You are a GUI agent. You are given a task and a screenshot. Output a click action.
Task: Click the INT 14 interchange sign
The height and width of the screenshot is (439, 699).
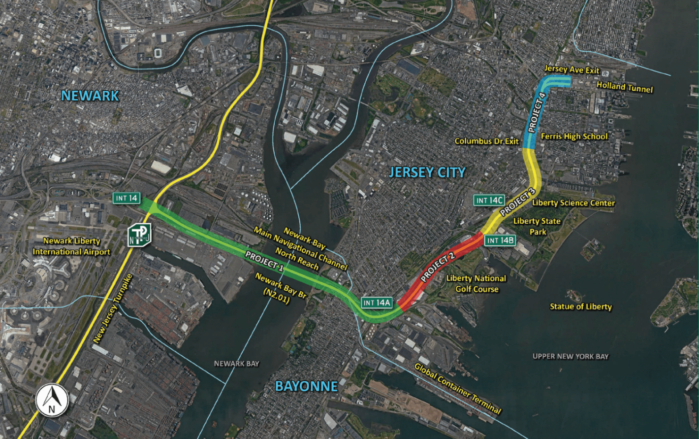click(127, 198)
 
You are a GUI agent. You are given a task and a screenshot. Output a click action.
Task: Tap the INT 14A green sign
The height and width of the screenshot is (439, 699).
click(377, 303)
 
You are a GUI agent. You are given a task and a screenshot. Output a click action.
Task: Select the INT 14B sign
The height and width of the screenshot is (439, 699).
click(500, 240)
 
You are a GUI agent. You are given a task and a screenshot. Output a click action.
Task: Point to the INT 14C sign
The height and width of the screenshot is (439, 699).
click(489, 200)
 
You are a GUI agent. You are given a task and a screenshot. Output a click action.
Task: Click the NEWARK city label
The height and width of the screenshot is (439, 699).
click(90, 96)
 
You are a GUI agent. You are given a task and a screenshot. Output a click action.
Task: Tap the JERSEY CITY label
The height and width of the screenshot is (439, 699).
click(427, 172)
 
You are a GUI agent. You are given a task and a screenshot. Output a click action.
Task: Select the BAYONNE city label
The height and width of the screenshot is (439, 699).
click(306, 386)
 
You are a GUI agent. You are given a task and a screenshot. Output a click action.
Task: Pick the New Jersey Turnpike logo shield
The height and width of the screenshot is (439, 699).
click(139, 236)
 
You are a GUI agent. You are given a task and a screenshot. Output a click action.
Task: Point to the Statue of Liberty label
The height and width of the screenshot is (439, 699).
click(580, 306)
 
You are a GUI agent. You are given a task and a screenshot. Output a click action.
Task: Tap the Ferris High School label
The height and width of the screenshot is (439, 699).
click(574, 136)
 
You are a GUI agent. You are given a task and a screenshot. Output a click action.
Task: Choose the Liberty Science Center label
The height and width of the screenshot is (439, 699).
click(573, 203)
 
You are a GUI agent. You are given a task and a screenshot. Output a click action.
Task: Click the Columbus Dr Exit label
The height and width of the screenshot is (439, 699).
click(486, 141)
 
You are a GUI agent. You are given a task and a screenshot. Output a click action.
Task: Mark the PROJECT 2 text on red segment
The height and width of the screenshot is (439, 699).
click(437, 267)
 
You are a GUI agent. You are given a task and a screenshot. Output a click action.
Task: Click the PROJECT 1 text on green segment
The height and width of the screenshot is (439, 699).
click(264, 261)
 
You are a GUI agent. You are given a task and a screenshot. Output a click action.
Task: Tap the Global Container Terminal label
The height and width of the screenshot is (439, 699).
click(457, 388)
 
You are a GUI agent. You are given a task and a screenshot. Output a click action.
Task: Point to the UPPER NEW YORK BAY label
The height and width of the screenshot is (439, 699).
click(571, 356)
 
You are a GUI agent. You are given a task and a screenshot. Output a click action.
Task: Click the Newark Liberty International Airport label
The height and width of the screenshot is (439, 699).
click(72, 246)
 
